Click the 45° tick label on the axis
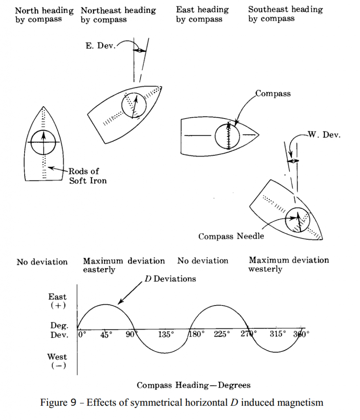point(106,334)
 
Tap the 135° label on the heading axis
point(166,334)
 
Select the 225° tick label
point(222,334)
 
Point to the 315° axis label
point(278,334)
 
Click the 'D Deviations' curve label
point(170,279)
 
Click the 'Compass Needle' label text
point(231,236)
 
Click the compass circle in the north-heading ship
point(43,142)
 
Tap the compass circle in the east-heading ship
point(227,136)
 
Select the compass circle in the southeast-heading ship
point(298,219)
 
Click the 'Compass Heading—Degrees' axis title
point(193,385)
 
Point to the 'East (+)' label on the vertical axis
point(57,301)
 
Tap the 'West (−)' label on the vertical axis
point(57,361)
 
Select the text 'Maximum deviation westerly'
point(289,265)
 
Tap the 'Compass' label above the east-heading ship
point(273,94)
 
